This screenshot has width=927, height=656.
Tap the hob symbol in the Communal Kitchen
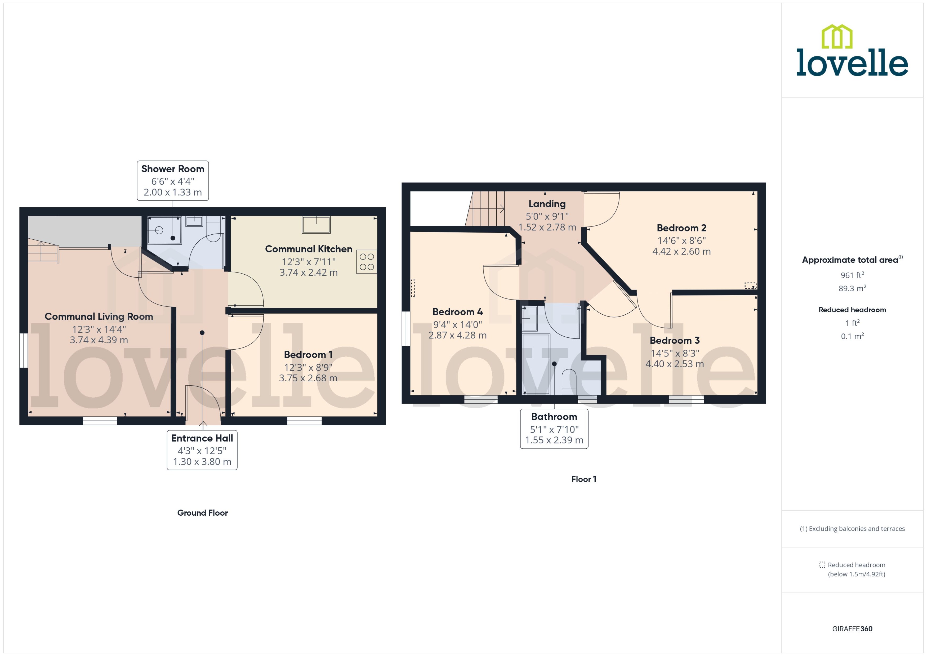pyautogui.click(x=366, y=262)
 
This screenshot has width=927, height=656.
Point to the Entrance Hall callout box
pyautogui.click(x=202, y=450)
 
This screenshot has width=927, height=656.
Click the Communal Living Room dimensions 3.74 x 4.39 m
pyautogui.click(x=99, y=340)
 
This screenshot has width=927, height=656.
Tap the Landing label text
pyautogui.click(x=547, y=204)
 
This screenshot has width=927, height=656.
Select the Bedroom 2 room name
pyautogui.click(x=681, y=228)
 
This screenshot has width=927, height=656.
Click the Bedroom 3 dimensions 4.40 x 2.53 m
pyautogui.click(x=675, y=364)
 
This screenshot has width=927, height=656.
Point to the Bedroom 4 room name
pyautogui.click(x=457, y=312)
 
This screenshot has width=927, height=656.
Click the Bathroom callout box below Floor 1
pyautogui.click(x=554, y=428)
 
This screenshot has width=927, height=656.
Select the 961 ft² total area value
pyautogui.click(x=852, y=275)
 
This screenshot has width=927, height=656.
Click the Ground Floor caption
pyautogui.click(x=202, y=513)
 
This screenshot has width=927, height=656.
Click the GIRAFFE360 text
pyautogui.click(x=852, y=629)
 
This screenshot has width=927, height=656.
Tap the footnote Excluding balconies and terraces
pyautogui.click(x=852, y=529)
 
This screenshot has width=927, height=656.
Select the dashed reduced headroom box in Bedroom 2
pyautogui.click(x=750, y=285)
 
